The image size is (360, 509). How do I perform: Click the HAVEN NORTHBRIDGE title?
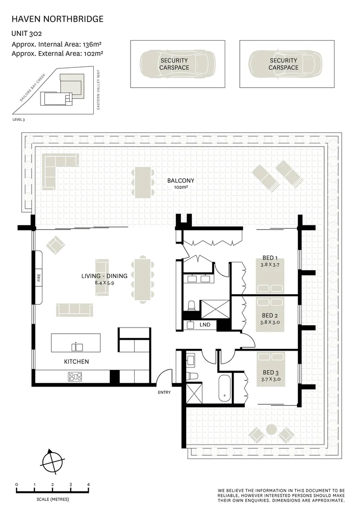(57, 19)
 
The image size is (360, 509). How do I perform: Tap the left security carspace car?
(174, 64)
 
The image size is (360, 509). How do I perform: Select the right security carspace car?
(283, 64)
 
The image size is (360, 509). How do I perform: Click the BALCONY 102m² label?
(180, 183)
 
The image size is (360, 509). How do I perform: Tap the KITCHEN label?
(76, 361)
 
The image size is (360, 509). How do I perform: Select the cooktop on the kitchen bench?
(75, 377)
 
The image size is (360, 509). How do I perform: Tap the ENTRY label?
(164, 392)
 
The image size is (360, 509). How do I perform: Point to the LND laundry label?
(205, 325)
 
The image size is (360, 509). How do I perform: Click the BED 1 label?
(270, 258)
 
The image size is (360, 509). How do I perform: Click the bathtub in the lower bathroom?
(224, 388)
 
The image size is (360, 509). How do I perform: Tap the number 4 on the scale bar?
(88, 484)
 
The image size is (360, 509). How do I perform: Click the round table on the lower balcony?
(271, 429)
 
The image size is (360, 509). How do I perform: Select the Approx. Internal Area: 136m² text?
(57, 44)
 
